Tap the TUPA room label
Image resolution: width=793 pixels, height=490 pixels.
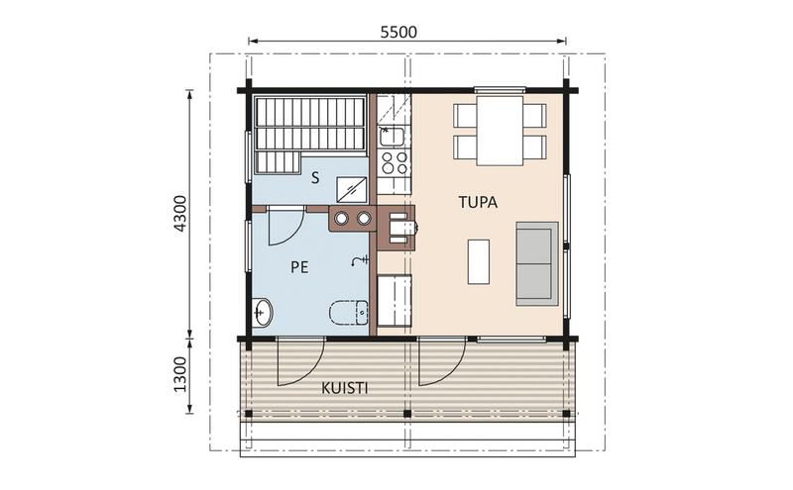click(x=477, y=202)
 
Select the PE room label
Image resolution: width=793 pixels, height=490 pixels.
click(x=298, y=266)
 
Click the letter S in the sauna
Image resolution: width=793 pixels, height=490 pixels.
click(x=314, y=178)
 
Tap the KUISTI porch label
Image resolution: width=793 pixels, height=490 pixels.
click(x=345, y=389)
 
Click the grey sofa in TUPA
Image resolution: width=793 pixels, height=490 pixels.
click(x=536, y=262)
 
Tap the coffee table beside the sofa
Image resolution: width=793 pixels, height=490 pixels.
click(x=478, y=260)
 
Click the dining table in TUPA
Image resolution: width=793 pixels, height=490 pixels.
click(x=499, y=130)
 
